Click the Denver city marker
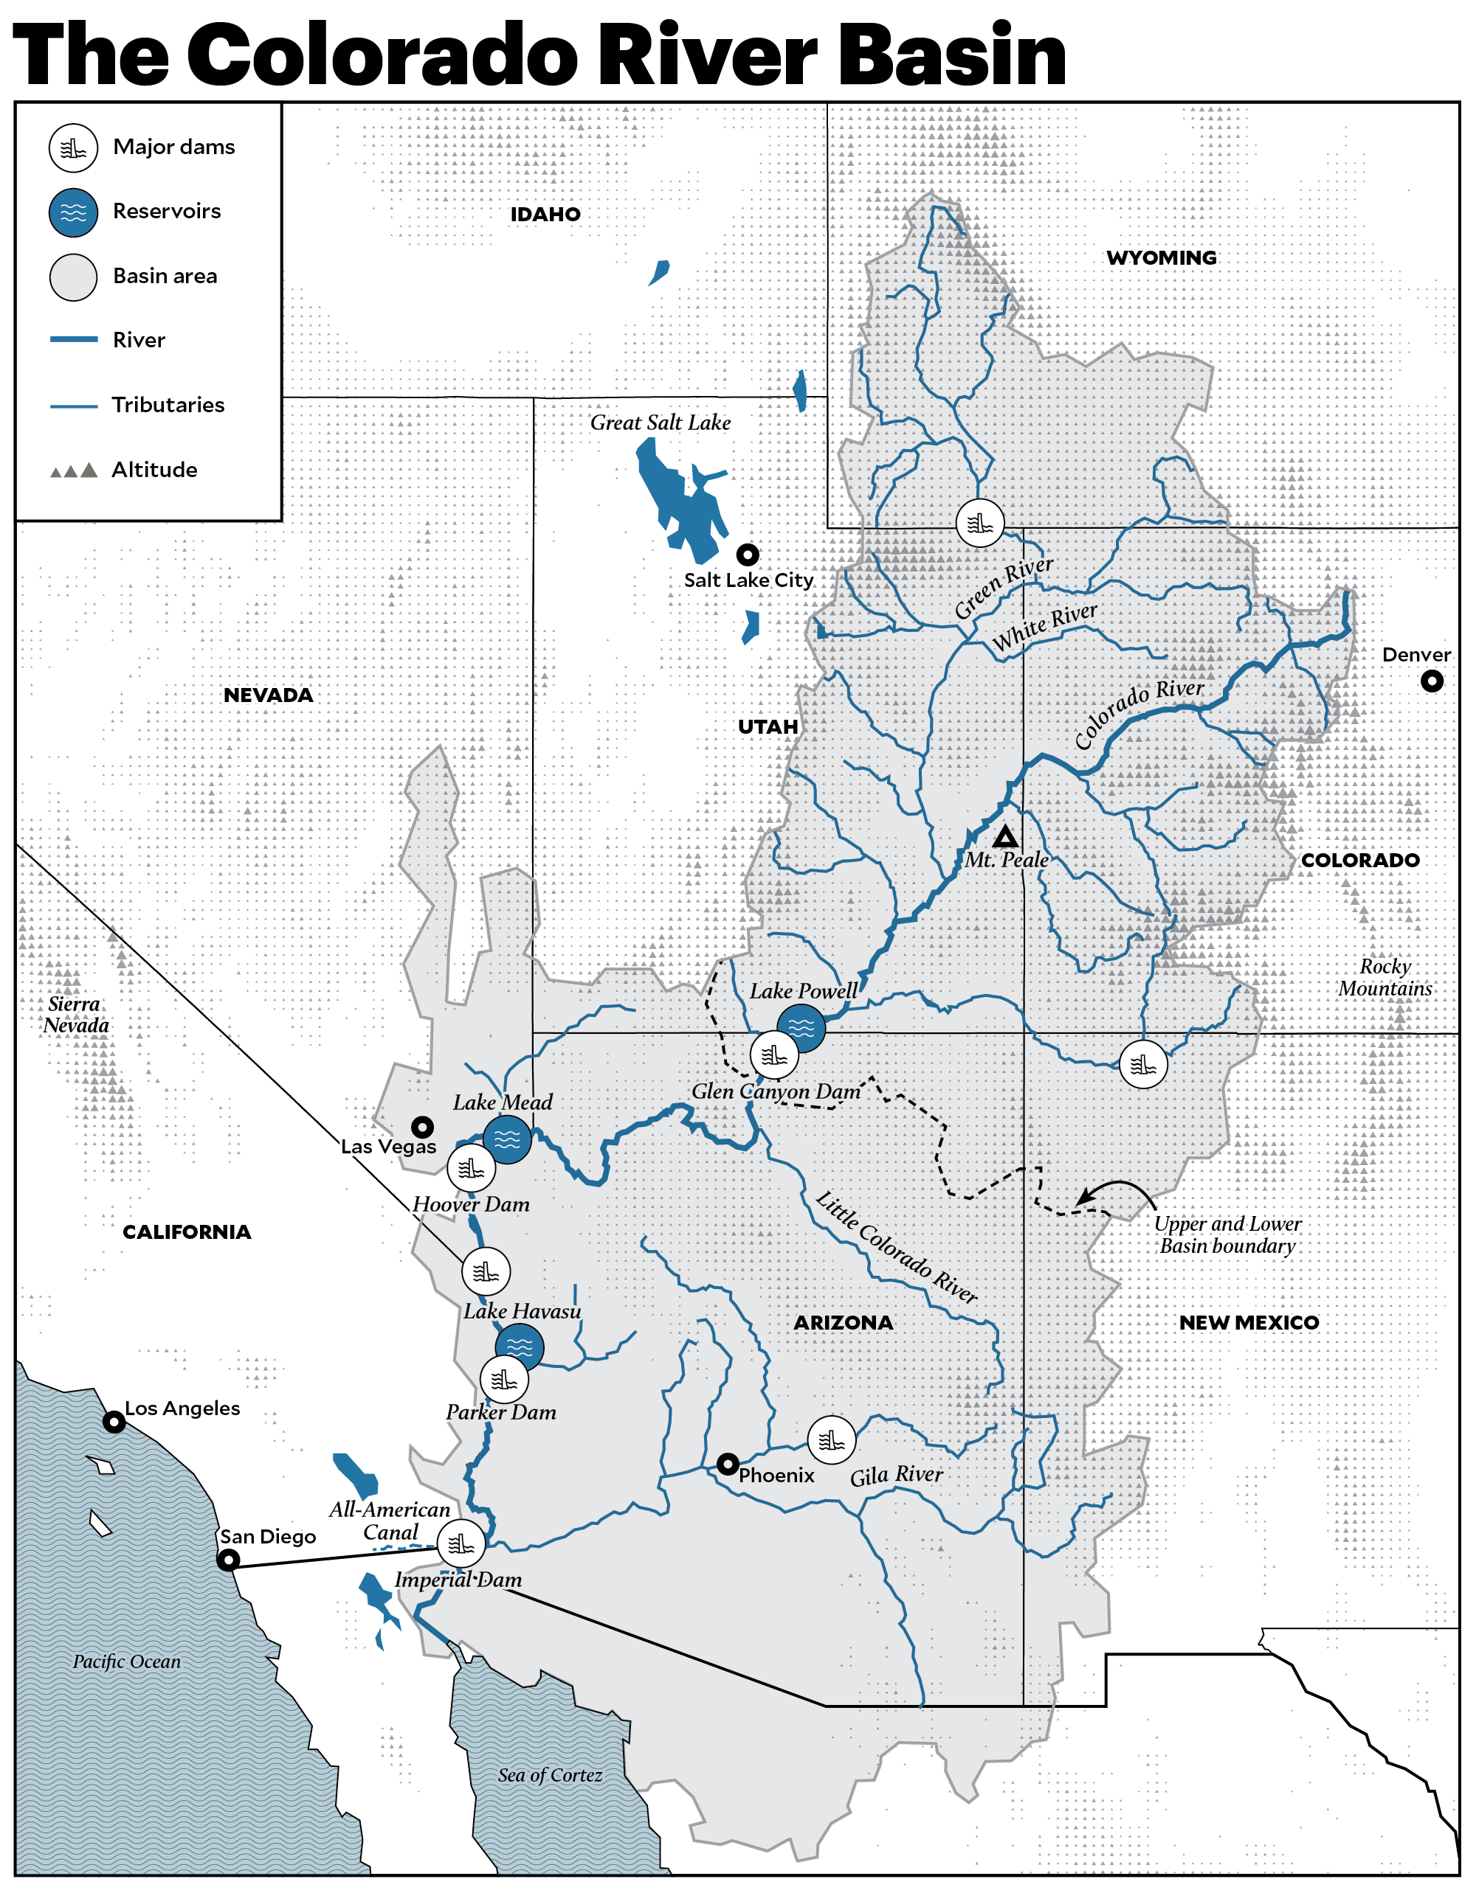pyautogui.click(x=1432, y=681)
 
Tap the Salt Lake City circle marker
pyautogui.click(x=748, y=554)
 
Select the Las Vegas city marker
pyautogui.click(x=422, y=1127)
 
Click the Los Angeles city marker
pyautogui.click(x=114, y=1422)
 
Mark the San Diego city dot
pyautogui.click(x=228, y=1560)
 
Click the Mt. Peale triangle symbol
pyautogui.click(x=1005, y=836)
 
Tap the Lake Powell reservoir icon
pyautogui.click(x=801, y=1028)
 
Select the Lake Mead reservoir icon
pyautogui.click(x=507, y=1139)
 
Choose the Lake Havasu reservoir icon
pyautogui.click(x=520, y=1347)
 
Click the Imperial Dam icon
pyautogui.click(x=461, y=1543)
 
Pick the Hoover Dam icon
pyautogui.click(x=471, y=1168)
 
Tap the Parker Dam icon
pyautogui.click(x=504, y=1379)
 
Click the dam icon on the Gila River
pyautogui.click(x=832, y=1439)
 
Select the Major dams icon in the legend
pyautogui.click(x=74, y=148)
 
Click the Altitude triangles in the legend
pyautogui.click(x=74, y=470)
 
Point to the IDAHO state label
pyautogui.click(x=545, y=214)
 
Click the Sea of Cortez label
pyautogui.click(x=550, y=1775)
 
